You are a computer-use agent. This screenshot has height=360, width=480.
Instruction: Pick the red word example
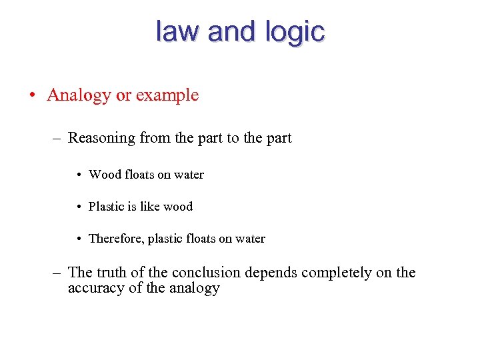click(167, 95)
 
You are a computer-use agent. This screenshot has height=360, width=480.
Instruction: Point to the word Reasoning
click(102, 139)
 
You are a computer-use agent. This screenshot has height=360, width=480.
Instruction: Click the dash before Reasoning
click(58, 139)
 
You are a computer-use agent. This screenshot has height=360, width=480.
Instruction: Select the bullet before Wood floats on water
click(79, 175)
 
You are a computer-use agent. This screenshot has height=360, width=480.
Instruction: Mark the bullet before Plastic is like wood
click(79, 207)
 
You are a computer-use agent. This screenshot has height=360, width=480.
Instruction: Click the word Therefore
click(117, 239)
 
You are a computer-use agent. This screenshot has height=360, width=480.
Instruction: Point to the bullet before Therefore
click(79, 239)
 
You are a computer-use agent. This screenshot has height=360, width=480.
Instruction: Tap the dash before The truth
click(58, 273)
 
